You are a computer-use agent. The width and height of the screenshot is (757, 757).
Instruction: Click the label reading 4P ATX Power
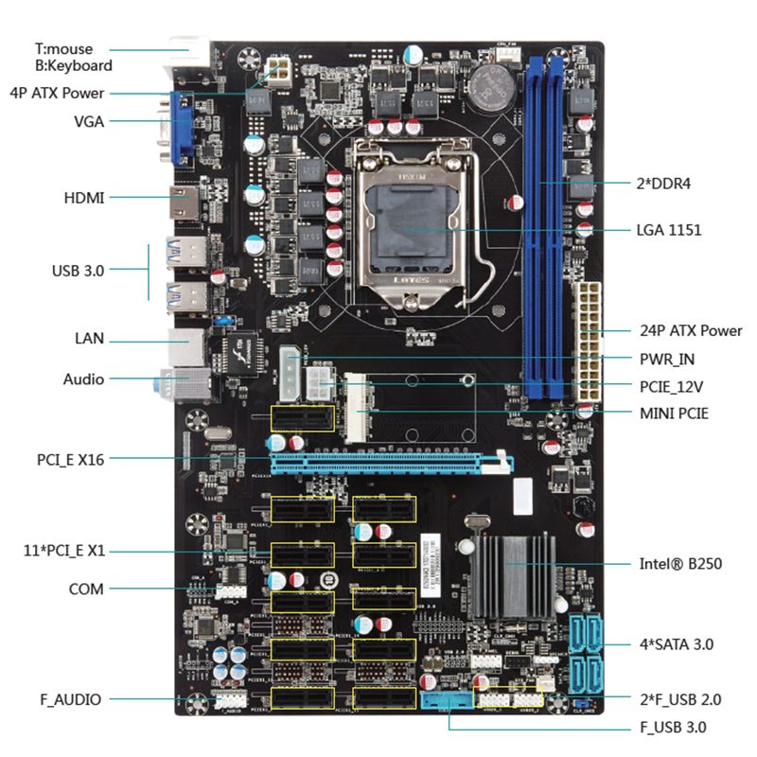(x=57, y=93)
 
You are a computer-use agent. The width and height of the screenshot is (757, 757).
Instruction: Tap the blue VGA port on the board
(x=183, y=124)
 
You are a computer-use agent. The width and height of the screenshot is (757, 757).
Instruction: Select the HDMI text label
(x=84, y=198)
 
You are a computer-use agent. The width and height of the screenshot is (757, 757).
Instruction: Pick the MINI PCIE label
(x=674, y=413)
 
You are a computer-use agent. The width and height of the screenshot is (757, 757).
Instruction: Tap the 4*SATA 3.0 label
(x=676, y=644)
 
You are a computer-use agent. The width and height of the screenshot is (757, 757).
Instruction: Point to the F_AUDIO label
(x=70, y=699)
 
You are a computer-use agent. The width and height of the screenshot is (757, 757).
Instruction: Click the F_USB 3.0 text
(x=673, y=728)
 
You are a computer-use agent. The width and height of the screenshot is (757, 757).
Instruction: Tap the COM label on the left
(x=86, y=589)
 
